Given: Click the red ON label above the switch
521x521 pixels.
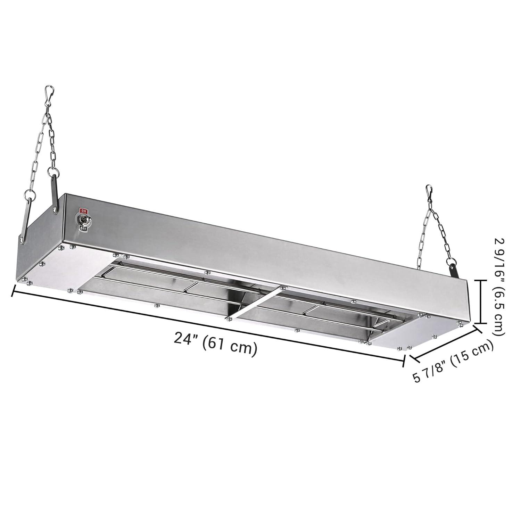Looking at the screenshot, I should (x=83, y=210).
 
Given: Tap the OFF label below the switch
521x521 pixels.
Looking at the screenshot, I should (x=83, y=228).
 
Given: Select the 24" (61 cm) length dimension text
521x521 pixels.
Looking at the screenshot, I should (x=215, y=347).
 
